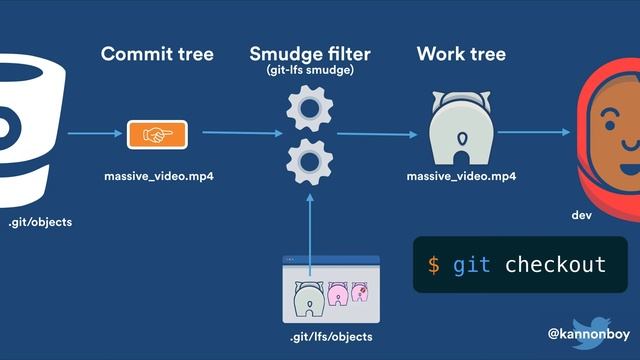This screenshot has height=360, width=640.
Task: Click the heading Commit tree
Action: pos(157,54)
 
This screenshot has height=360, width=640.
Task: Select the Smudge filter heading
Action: pos(310,53)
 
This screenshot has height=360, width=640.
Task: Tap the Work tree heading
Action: pos(461,54)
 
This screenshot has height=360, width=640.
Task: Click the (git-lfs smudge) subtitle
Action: pos(310,71)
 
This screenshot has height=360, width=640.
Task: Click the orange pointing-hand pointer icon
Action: pos(157,133)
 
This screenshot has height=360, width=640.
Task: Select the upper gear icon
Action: pos(310,109)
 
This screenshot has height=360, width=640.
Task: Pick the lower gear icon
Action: pos(310,159)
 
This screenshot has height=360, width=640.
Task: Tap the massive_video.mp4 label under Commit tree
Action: pos(159,177)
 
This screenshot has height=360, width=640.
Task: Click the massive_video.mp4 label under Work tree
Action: pos(461,177)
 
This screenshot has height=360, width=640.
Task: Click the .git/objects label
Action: pos(40,221)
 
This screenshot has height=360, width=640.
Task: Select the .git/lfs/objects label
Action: pos(331,337)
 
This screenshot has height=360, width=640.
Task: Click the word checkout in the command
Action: pos(555,265)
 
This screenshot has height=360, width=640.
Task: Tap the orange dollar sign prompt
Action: pos(433,265)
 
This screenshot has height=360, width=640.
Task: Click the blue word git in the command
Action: pos(472,265)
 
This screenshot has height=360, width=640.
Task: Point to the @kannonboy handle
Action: pos(589,331)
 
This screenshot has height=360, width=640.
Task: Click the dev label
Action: pos(582,216)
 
